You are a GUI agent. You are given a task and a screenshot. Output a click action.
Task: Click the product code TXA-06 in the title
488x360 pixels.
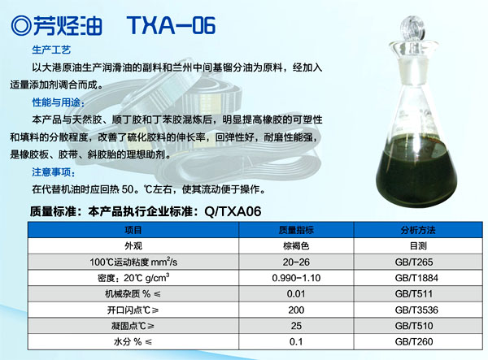click(171, 25)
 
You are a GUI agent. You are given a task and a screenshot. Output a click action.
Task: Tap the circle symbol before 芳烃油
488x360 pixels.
click(21, 26)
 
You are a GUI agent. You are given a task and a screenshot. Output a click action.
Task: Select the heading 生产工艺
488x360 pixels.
click(51, 50)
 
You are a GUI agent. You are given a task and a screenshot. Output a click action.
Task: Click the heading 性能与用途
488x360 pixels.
click(58, 102)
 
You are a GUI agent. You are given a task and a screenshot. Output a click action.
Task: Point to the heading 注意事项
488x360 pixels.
click(53, 172)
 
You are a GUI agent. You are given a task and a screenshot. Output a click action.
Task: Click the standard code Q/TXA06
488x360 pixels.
click(233, 211)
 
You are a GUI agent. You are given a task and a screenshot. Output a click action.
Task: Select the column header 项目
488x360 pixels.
click(133, 230)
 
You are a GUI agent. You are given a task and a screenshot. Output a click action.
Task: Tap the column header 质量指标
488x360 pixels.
click(296, 230)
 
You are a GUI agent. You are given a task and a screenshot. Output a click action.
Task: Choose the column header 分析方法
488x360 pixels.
click(418, 230)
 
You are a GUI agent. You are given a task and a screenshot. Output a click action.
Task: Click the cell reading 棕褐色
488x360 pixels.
click(296, 246)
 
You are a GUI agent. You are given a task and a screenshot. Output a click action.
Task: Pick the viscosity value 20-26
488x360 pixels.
click(296, 262)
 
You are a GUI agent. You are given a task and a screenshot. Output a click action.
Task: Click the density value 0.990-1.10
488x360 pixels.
click(296, 278)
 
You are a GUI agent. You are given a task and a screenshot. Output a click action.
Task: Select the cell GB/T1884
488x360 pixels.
click(416, 278)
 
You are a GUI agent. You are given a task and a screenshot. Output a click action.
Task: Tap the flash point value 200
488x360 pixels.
click(296, 310)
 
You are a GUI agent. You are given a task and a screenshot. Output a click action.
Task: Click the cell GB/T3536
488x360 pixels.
click(416, 310)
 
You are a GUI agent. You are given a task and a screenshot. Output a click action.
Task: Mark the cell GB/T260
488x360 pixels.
click(414, 341)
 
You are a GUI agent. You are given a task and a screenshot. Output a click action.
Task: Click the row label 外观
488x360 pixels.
click(133, 246)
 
